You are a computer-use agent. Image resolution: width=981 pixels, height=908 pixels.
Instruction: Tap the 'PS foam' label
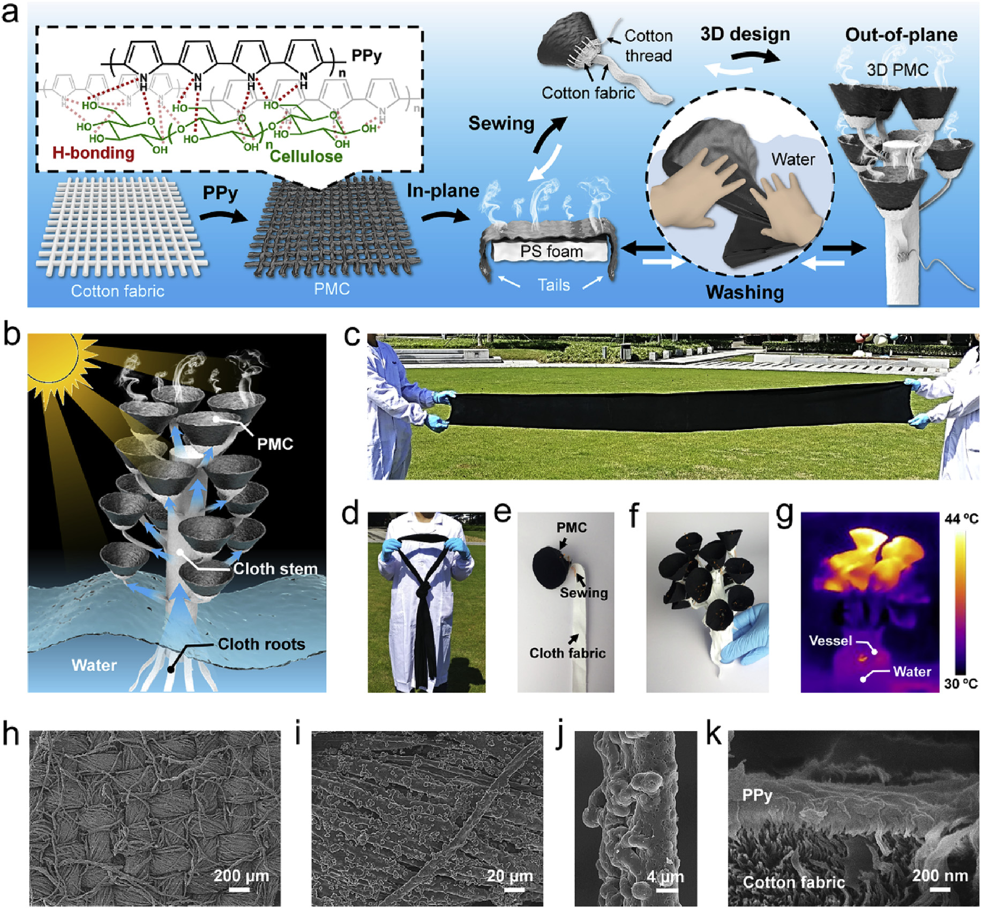pos(551,251)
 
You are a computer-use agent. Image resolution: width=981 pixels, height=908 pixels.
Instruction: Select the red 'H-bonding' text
pos(93,153)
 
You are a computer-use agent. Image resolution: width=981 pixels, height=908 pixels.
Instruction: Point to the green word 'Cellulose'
pos(306,156)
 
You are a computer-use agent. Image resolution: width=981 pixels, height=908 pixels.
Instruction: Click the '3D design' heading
pos(745,34)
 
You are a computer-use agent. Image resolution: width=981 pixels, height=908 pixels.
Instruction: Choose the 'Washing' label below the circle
pos(745,292)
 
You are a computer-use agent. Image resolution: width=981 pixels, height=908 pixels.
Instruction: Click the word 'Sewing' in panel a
pos(501,124)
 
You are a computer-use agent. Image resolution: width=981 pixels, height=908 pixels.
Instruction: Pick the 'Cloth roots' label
pos(261,644)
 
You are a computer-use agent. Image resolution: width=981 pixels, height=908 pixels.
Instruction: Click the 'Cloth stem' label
pos(275,568)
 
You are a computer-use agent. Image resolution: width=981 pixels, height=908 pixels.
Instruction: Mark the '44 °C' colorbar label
pos(961,519)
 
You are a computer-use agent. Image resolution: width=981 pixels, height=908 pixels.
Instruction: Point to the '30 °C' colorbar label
pos(961,684)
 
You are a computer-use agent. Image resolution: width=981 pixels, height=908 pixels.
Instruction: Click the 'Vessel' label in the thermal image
pos(830,641)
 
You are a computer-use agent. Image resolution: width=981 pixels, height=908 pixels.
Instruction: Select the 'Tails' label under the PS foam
pos(553,285)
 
